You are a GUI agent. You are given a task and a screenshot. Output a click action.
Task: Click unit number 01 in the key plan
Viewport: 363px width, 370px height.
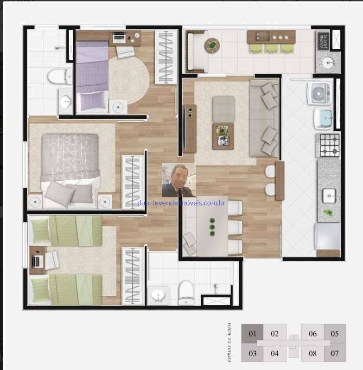click(252, 334)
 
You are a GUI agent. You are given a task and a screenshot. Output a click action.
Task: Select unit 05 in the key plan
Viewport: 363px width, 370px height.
click(335, 334)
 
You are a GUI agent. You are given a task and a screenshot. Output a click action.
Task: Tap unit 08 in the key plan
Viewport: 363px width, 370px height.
click(312, 354)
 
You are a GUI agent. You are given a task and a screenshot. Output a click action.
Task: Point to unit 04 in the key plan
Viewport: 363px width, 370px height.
click(274, 354)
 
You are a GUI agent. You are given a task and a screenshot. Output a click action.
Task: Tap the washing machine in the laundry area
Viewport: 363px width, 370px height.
click(319, 93)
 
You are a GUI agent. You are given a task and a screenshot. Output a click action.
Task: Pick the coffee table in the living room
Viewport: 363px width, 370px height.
click(223, 135)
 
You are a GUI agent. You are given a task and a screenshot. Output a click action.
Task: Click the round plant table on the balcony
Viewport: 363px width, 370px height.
click(212, 45)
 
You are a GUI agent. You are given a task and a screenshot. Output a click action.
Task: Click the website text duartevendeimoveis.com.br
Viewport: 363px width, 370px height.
click(182, 203)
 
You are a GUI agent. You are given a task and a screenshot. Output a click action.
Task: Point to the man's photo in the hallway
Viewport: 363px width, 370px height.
click(178, 180)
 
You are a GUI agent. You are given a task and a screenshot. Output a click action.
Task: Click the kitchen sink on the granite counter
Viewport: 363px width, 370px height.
click(329, 197)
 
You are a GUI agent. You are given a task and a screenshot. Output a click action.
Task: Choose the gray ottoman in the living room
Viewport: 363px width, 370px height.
click(223, 108)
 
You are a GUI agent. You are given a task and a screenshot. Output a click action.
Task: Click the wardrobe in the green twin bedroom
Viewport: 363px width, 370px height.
click(133, 276)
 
